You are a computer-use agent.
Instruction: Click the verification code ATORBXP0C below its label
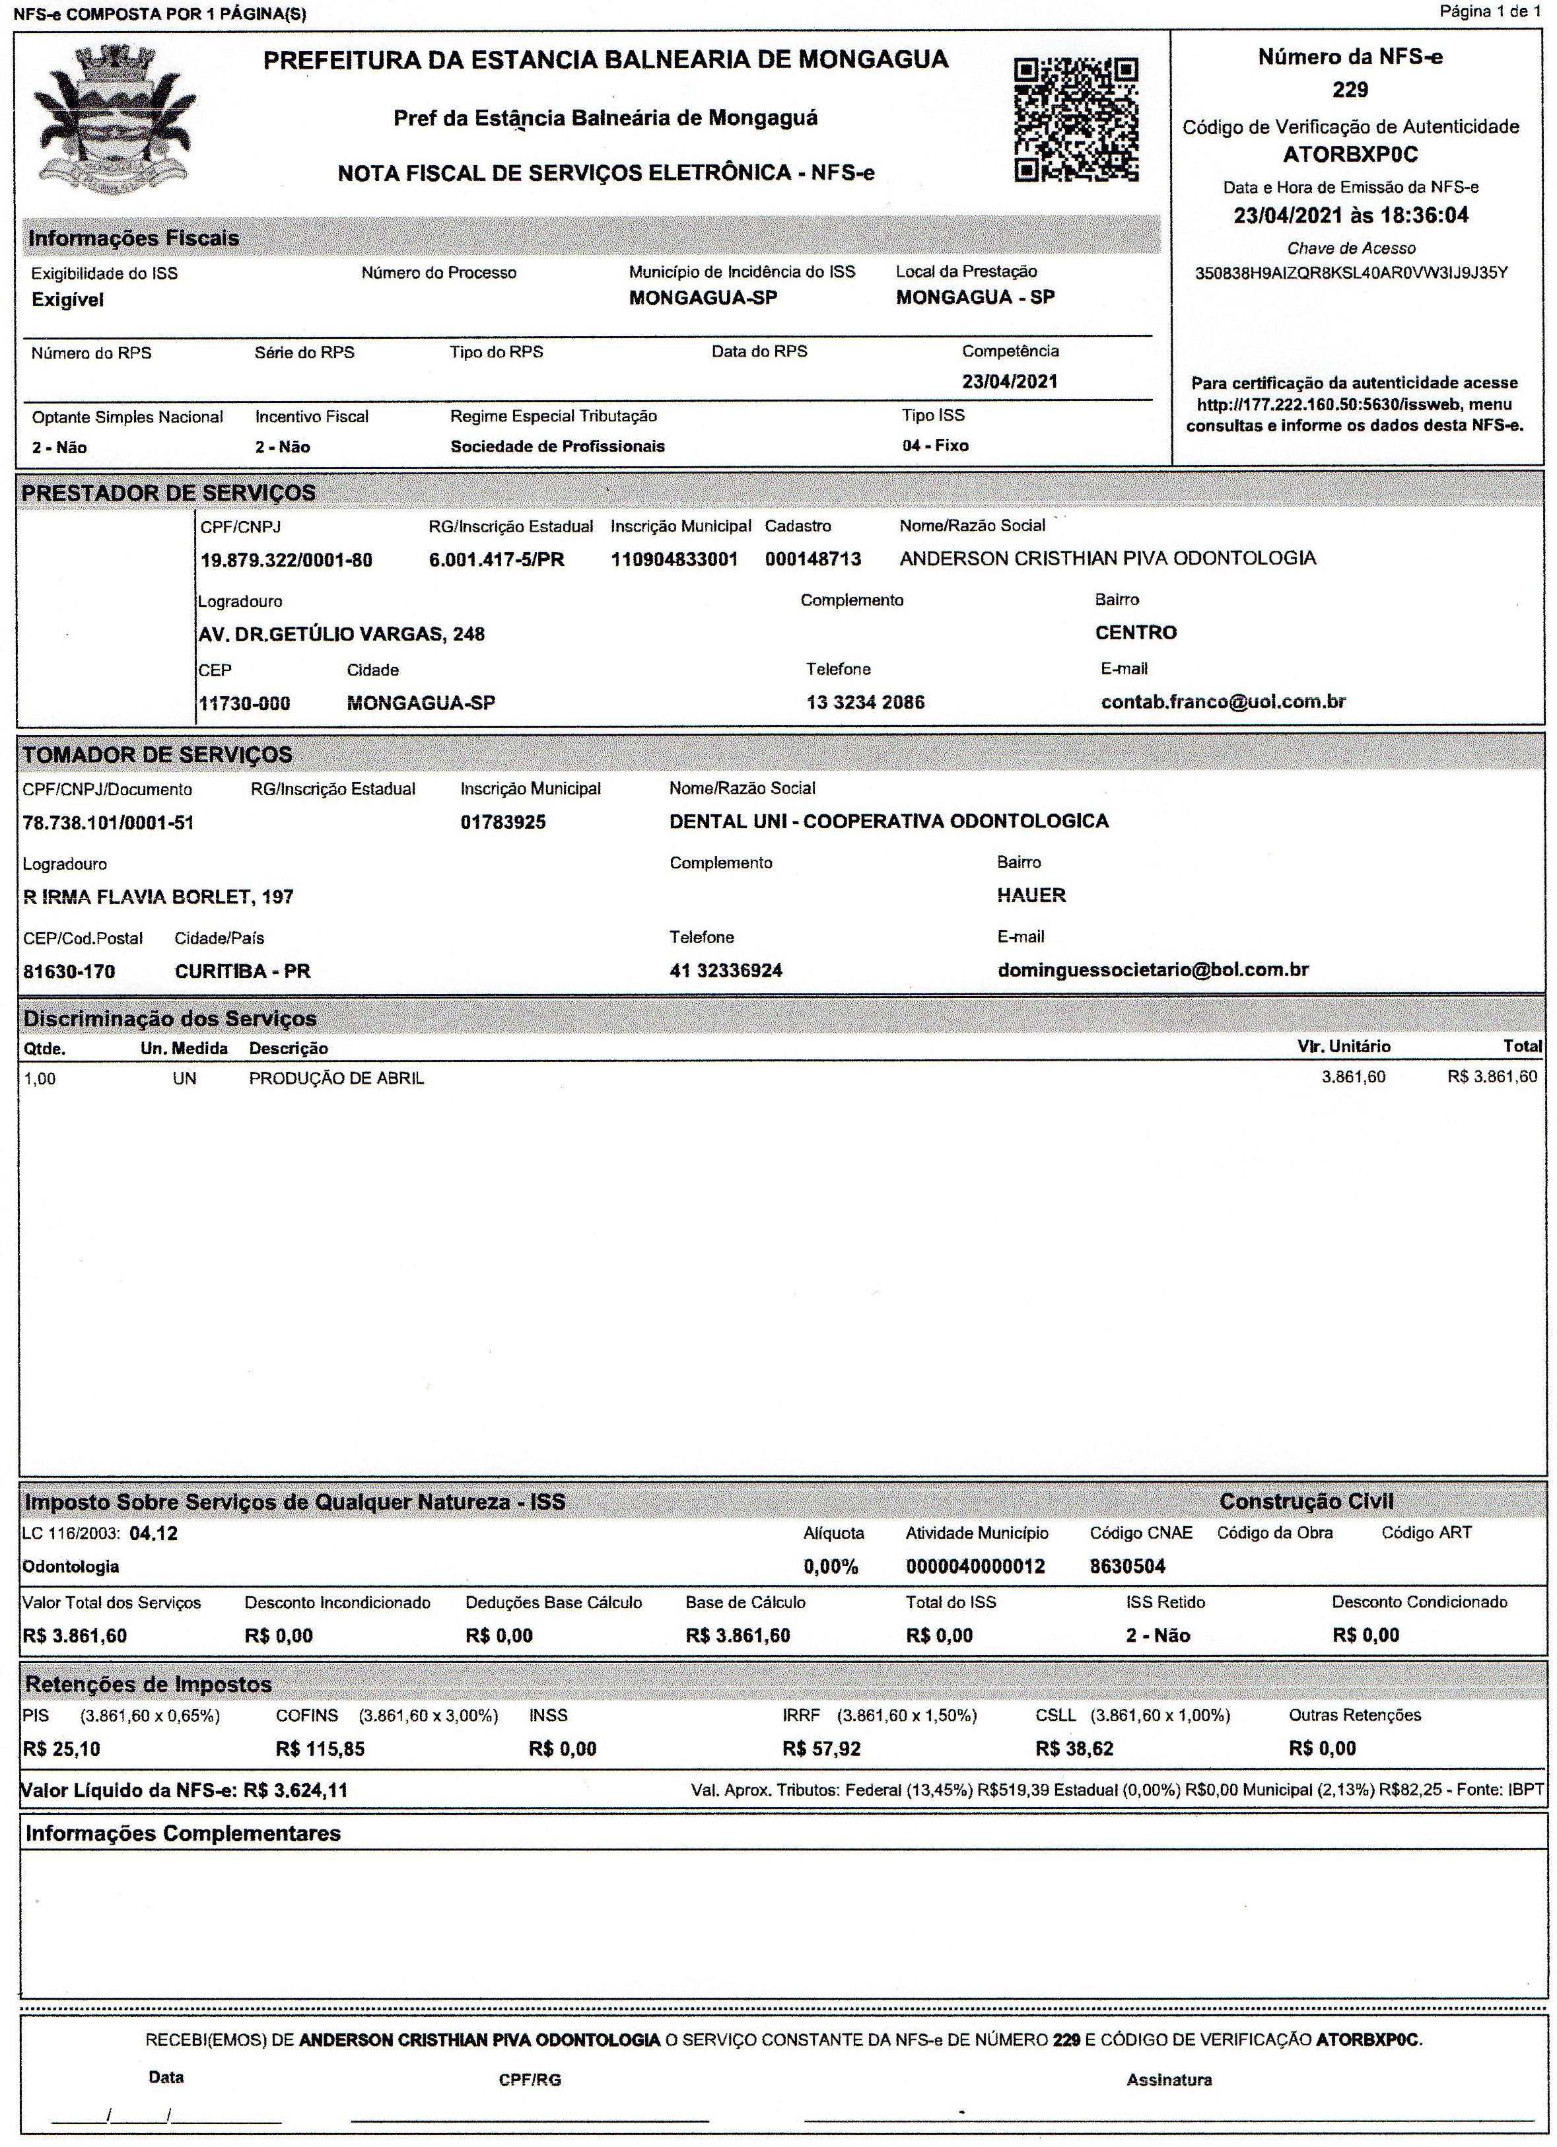click(1351, 155)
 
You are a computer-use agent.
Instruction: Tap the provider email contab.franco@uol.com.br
click(1223, 701)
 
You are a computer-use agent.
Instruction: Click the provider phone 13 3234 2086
click(865, 703)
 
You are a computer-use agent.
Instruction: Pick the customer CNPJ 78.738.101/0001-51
click(108, 823)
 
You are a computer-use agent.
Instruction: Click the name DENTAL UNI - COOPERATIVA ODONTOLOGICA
click(889, 821)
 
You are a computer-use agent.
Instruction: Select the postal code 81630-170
click(69, 971)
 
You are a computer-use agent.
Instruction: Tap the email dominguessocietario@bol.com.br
click(1153, 969)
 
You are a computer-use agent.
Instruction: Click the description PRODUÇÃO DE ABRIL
click(336, 1078)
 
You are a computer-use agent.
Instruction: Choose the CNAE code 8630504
click(1127, 1566)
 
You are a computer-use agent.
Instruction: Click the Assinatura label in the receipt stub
click(1169, 2080)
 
